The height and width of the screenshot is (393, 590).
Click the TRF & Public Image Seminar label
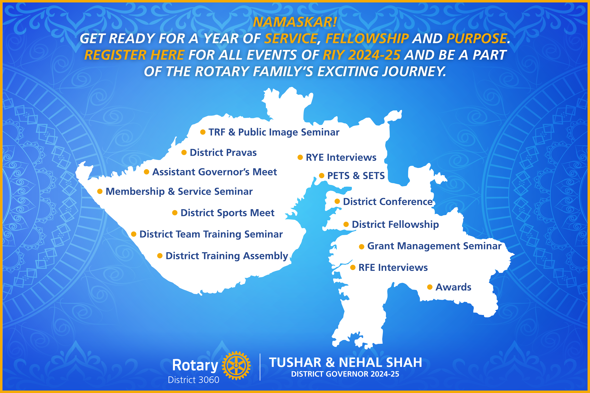[274, 132]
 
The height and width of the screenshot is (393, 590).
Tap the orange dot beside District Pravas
[184, 152]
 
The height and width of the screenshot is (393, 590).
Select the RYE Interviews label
[341, 157]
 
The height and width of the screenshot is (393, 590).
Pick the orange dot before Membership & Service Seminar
[100, 191]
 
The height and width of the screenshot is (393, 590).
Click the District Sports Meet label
[228, 213]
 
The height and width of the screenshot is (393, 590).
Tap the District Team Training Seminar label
[211, 234]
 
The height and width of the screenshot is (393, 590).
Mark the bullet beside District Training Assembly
[160, 256]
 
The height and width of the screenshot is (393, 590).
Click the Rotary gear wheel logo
[236, 365]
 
